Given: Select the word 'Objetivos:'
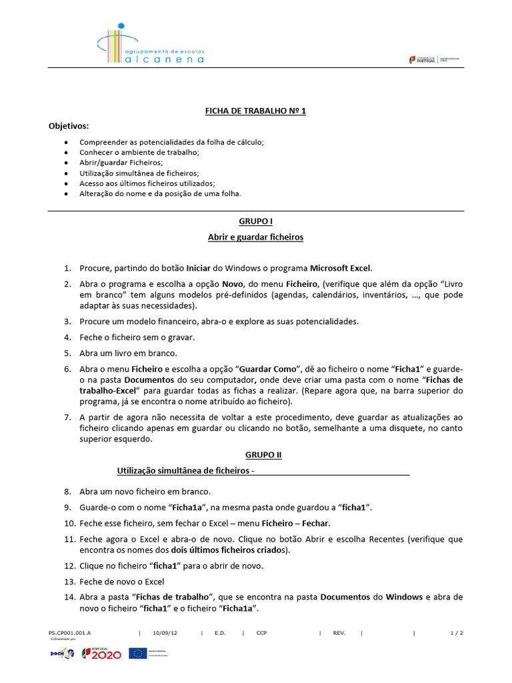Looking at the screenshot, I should (68, 125).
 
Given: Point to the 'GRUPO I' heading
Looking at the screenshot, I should (255, 221).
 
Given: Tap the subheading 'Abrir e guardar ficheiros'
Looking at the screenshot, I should (255, 237).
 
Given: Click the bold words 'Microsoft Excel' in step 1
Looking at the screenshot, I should (340, 268).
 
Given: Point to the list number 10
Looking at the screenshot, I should (69, 523).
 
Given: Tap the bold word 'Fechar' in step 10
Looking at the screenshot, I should (315, 523).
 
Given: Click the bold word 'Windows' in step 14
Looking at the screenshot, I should (404, 597).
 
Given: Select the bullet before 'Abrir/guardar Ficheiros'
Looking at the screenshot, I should (65, 162).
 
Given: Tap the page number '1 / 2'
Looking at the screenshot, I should (457, 632).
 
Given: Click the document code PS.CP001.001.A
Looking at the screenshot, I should (70, 632).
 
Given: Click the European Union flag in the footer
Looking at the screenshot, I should (138, 653).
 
